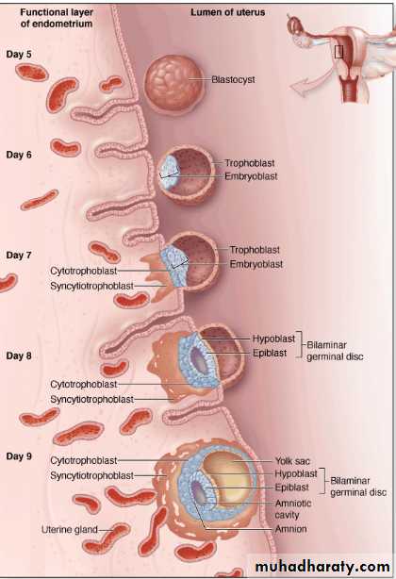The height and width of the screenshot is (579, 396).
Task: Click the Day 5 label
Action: (19, 55)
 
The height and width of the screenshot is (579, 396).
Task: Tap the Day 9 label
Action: (19, 456)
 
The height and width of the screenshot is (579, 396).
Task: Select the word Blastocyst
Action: (233, 79)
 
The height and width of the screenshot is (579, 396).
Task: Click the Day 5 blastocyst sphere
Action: (173, 84)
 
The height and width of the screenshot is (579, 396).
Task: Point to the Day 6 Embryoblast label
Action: (251, 176)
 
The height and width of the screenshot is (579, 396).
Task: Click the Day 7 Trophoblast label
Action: (255, 250)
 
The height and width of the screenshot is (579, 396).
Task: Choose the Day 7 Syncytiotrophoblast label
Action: (91, 286)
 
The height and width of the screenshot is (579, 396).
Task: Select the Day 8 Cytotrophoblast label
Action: (83, 385)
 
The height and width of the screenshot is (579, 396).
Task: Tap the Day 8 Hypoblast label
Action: (273, 339)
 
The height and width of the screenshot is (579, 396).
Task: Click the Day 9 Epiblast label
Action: (291, 488)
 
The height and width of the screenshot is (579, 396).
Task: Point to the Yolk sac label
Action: (292, 461)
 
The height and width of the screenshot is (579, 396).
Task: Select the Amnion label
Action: (290, 529)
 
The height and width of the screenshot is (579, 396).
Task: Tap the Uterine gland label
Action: (70, 530)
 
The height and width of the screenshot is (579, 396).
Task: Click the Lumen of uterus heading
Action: (228, 12)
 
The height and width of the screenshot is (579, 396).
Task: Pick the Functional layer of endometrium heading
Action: (57, 18)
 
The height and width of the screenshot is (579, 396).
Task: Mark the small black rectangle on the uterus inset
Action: (338, 52)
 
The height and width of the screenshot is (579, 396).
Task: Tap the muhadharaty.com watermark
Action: (322, 567)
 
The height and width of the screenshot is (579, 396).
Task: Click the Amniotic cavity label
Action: (293, 509)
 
